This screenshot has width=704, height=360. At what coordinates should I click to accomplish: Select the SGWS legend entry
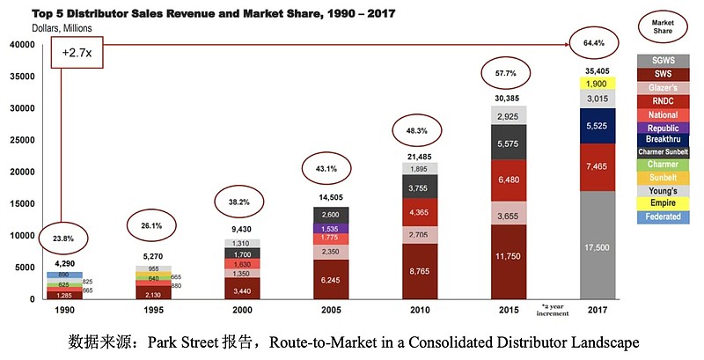click(664, 61)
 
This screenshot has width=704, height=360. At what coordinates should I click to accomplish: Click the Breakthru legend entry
click(664, 139)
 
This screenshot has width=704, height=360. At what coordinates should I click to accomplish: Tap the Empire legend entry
click(664, 203)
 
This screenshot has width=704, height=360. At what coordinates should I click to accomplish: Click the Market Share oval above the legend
click(664, 26)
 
